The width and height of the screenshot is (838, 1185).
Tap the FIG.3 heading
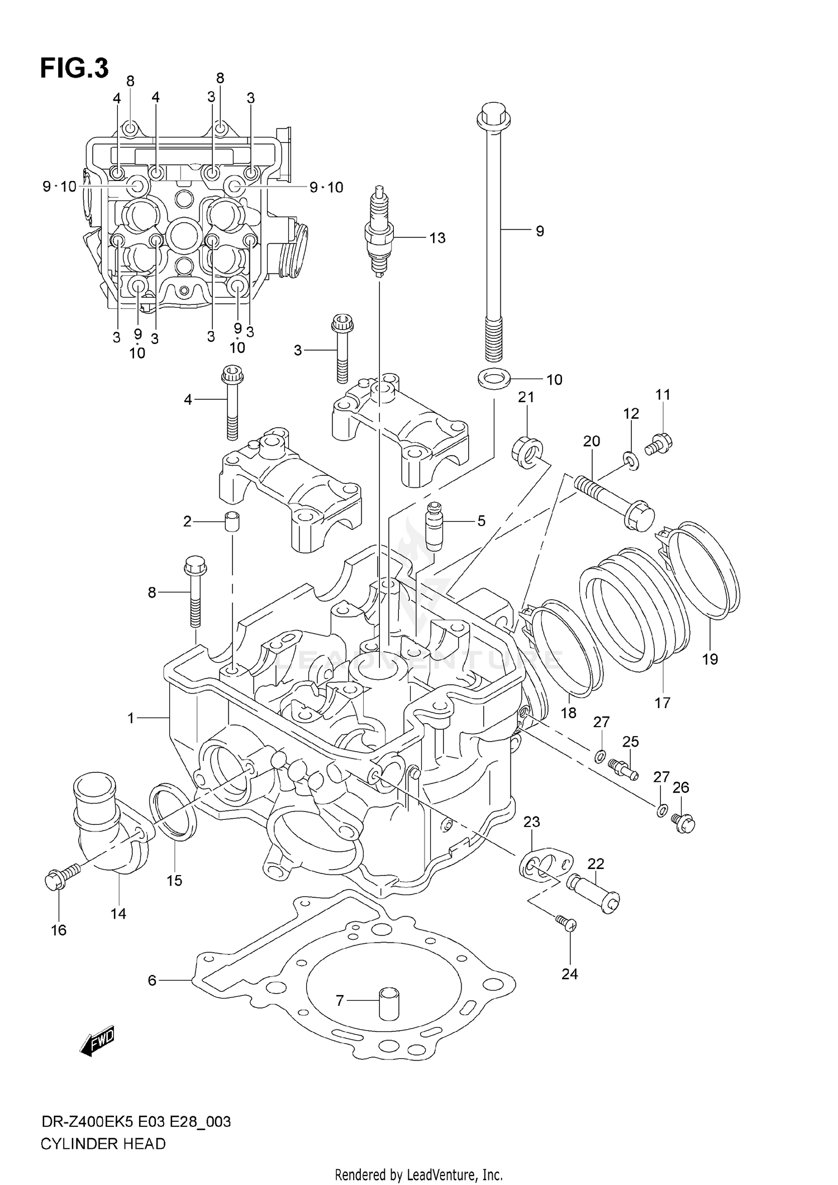[x=74, y=69]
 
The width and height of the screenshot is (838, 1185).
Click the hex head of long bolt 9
[x=492, y=114]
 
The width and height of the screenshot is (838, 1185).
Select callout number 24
[x=569, y=974]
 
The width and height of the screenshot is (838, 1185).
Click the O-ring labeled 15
[x=173, y=819]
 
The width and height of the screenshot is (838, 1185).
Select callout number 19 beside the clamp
[x=710, y=659]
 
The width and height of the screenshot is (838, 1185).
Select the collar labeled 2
[x=233, y=522]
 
